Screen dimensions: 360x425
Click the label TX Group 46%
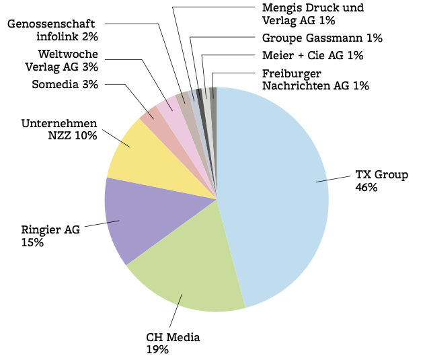coord(381,181)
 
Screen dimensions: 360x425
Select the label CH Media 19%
coord(173,343)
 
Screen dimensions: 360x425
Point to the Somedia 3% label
coord(65,84)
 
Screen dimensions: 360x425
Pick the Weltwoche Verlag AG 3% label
coord(61,60)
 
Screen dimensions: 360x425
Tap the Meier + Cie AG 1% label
coord(313,55)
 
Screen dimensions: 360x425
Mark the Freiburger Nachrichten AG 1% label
coord(315,79)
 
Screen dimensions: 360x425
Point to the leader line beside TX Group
coord(333,179)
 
